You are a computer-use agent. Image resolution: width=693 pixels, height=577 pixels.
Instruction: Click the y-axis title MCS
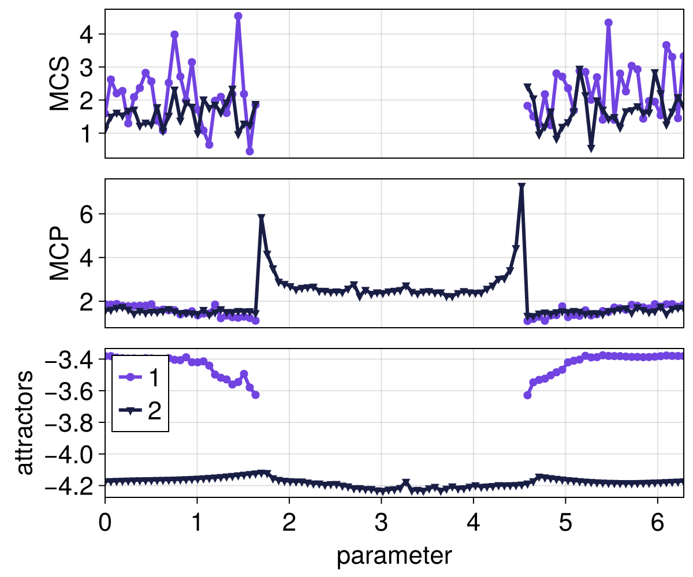pos(59,84)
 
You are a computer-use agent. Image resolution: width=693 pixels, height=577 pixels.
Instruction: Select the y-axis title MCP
pos(59,253)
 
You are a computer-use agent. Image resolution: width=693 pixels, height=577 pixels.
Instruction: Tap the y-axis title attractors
pos(24,423)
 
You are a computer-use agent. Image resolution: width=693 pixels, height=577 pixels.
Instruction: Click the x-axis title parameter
pos(394,556)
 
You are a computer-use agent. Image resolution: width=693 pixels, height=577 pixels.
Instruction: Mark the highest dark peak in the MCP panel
pos(521,187)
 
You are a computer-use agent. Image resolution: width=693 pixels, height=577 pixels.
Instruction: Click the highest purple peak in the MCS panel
pos(238,16)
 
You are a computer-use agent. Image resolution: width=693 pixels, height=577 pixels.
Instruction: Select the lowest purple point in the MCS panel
pos(249,151)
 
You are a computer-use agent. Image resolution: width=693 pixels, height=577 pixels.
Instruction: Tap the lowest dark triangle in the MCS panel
pos(591,149)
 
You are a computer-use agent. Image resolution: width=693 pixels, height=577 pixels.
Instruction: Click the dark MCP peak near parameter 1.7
pos(262,218)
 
